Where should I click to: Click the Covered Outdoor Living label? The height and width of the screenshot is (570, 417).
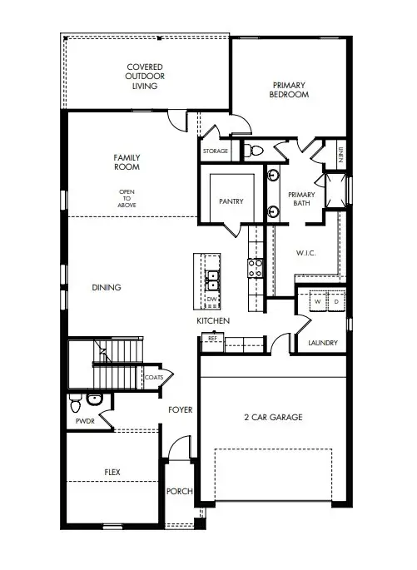coord(144,76)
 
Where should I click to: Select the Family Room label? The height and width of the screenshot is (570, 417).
coord(127,161)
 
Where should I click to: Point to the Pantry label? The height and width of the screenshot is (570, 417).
coord(231,201)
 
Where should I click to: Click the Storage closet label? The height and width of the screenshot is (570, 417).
coord(215,151)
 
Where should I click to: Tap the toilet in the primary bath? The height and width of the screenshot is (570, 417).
coord(255,151)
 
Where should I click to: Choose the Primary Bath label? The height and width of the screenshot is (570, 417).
coord(301,200)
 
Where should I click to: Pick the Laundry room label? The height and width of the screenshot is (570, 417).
coord(322,343)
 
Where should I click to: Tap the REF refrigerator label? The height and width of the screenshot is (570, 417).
coord(211,338)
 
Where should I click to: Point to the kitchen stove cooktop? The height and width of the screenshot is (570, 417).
coord(255,267)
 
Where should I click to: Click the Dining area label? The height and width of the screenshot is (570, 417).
coord(107,288)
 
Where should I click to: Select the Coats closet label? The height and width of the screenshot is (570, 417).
coord(154,377)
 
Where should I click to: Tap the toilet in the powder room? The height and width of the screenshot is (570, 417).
coord(75,405)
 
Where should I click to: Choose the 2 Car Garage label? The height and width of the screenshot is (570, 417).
coord(272,417)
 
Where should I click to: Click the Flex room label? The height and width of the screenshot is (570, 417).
coord(112,472)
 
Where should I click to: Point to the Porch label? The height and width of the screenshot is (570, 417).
coord(180,492)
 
